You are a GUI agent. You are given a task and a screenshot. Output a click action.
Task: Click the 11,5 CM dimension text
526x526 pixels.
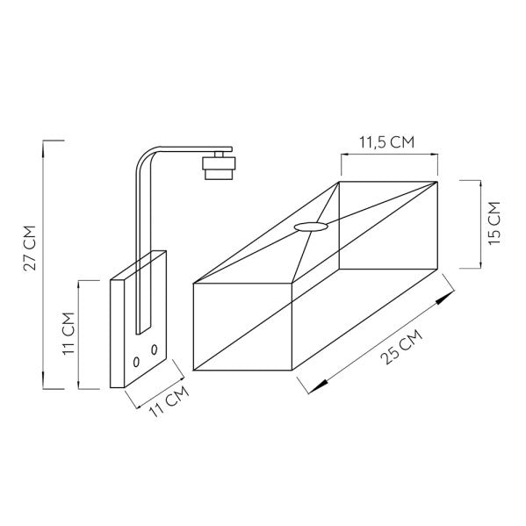coord(387,142)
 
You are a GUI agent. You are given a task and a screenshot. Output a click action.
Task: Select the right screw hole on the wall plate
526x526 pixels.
coord(155,350)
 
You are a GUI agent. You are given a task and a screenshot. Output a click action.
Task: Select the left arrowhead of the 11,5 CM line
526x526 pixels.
coord(344,156)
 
